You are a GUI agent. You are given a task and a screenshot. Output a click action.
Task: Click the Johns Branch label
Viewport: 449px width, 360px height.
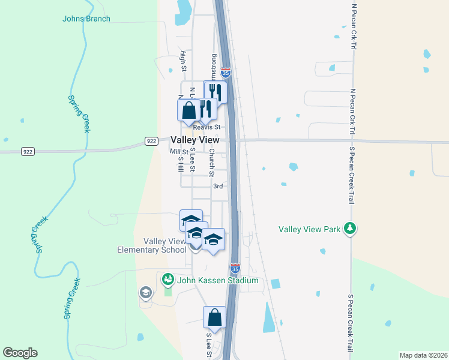pyautogui.click(x=86, y=19)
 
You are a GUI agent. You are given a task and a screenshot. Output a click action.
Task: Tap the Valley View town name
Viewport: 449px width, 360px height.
pyautogui.click(x=195, y=139)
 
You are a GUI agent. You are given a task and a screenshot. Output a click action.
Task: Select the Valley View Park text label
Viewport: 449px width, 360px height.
pyautogui.click(x=309, y=229)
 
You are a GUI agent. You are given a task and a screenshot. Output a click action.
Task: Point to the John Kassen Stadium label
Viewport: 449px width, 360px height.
pyautogui.click(x=217, y=280)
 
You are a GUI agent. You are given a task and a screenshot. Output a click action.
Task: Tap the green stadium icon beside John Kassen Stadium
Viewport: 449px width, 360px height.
pyautogui.click(x=167, y=280)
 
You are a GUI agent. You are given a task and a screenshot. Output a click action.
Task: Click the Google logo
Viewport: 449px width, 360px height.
pyautogui.click(x=20, y=353)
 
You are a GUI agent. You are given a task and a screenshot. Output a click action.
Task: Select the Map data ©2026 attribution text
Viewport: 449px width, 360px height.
pyautogui.click(x=423, y=355)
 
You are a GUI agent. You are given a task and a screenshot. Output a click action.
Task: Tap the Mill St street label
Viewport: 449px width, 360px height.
pyautogui.click(x=179, y=152)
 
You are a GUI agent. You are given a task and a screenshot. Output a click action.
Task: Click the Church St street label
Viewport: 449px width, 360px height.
pyautogui.click(x=211, y=162)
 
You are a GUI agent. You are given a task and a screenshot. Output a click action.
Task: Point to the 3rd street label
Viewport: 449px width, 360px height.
pyautogui.click(x=218, y=186)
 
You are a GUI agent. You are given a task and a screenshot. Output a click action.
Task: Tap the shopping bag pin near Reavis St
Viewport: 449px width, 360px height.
pyautogui.click(x=188, y=110)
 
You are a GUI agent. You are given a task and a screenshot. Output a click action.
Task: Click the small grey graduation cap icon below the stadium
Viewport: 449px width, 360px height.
pyautogui.click(x=145, y=293)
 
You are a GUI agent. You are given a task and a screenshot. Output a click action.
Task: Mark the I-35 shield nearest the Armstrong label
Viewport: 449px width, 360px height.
pyautogui.click(x=226, y=73)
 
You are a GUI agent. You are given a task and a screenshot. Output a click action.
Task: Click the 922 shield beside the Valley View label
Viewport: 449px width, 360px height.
pyautogui.click(x=151, y=141)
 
